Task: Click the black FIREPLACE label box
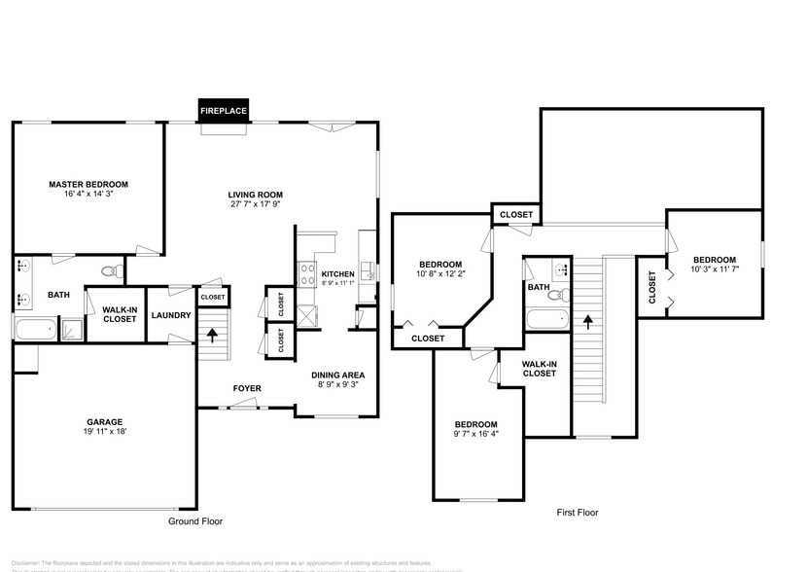[224, 111]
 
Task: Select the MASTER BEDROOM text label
[88, 184]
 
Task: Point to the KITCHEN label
[338, 273]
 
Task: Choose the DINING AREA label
[337, 375]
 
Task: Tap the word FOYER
[247, 388]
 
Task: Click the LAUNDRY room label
[171, 314]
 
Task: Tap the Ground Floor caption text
[195, 521]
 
